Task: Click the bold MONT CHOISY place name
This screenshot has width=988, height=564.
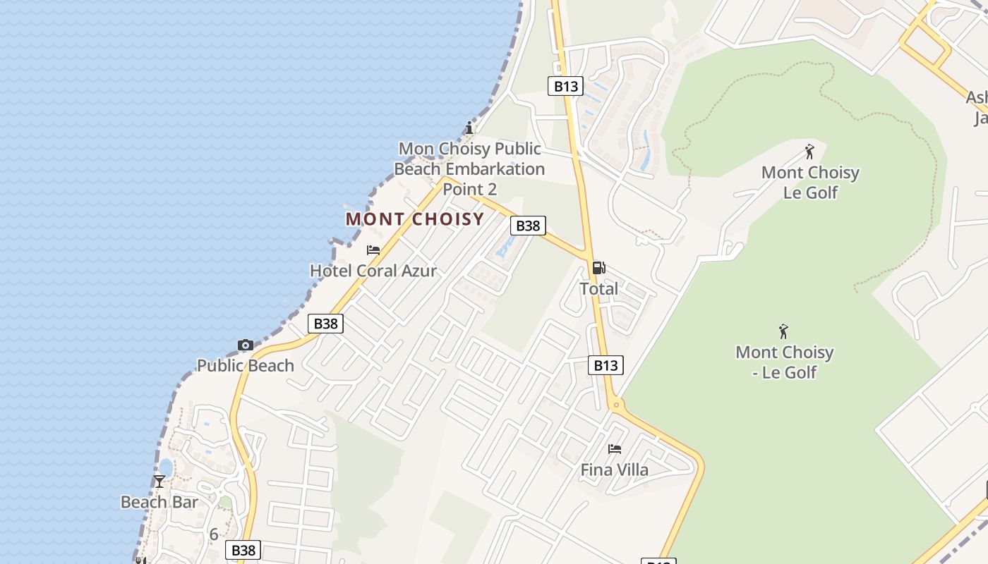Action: [414, 219]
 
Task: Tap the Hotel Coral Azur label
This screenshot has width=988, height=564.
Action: [373, 271]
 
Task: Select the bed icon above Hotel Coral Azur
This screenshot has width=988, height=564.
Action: [373, 250]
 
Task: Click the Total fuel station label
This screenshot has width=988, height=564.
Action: [598, 288]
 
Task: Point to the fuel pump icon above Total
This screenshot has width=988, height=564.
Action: [598, 267]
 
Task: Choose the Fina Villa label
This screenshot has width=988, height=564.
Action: [614, 470]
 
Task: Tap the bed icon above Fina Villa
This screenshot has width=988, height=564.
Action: [615, 448]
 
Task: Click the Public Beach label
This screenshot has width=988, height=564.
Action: [245, 365]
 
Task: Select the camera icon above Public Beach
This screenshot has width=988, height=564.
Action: [245, 345]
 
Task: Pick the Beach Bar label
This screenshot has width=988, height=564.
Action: [159, 502]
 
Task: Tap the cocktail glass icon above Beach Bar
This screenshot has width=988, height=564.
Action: [159, 482]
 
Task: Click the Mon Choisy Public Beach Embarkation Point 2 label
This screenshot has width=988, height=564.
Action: [469, 168]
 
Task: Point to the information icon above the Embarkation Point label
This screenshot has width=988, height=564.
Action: [469, 128]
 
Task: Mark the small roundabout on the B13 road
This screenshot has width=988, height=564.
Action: [616, 405]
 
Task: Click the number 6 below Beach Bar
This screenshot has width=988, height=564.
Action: [213, 534]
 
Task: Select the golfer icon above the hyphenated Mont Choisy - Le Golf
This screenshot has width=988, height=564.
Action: [783, 331]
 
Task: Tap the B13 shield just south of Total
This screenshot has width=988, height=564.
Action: [606, 365]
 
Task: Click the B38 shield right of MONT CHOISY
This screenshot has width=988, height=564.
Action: [528, 226]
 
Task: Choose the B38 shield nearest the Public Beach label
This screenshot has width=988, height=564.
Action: [325, 324]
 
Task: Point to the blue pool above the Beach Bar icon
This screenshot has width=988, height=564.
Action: [166, 467]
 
